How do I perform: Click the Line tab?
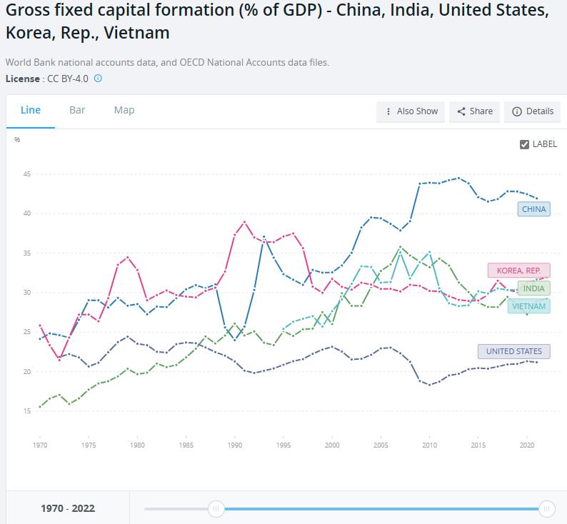coord(31,110)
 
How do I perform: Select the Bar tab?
coord(77,110)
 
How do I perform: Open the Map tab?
coord(124,110)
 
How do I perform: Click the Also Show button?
coord(411,111)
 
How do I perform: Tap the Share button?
coord(475,111)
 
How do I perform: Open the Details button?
coord(533,111)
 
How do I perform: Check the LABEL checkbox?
coord(525,144)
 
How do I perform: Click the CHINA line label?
coord(534,209)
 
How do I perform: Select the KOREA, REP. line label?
coord(519,271)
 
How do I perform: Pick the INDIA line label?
coord(533,288)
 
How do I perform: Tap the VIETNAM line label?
coord(529,306)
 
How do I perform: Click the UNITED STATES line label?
coord(514,351)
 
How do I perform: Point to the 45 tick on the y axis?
coord(26,174)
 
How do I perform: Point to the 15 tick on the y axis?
coord(26,411)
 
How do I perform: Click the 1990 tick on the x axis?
coord(235,445)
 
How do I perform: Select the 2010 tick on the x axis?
coord(429,445)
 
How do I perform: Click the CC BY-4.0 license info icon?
coord(98,79)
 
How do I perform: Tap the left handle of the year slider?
coord(216,508)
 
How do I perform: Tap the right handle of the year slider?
coord(546,508)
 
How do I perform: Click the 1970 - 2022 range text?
coord(68,508)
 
